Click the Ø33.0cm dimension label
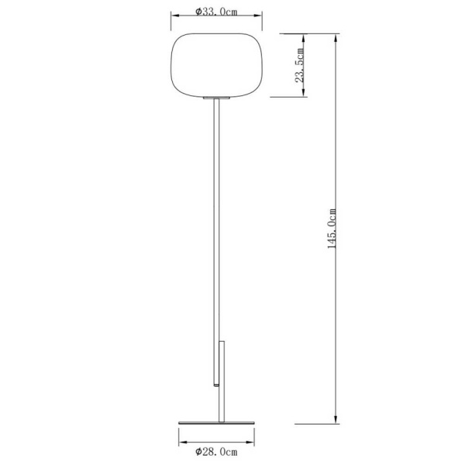(x=216, y=12)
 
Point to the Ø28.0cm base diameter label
(x=216, y=451)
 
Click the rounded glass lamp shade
(x=216, y=65)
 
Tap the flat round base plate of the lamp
(x=216, y=422)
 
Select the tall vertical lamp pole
(x=216, y=232)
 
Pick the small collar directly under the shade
(x=216, y=99)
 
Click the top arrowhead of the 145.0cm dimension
(x=336, y=37)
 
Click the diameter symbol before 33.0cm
(x=198, y=12)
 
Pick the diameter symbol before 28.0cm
(x=198, y=451)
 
